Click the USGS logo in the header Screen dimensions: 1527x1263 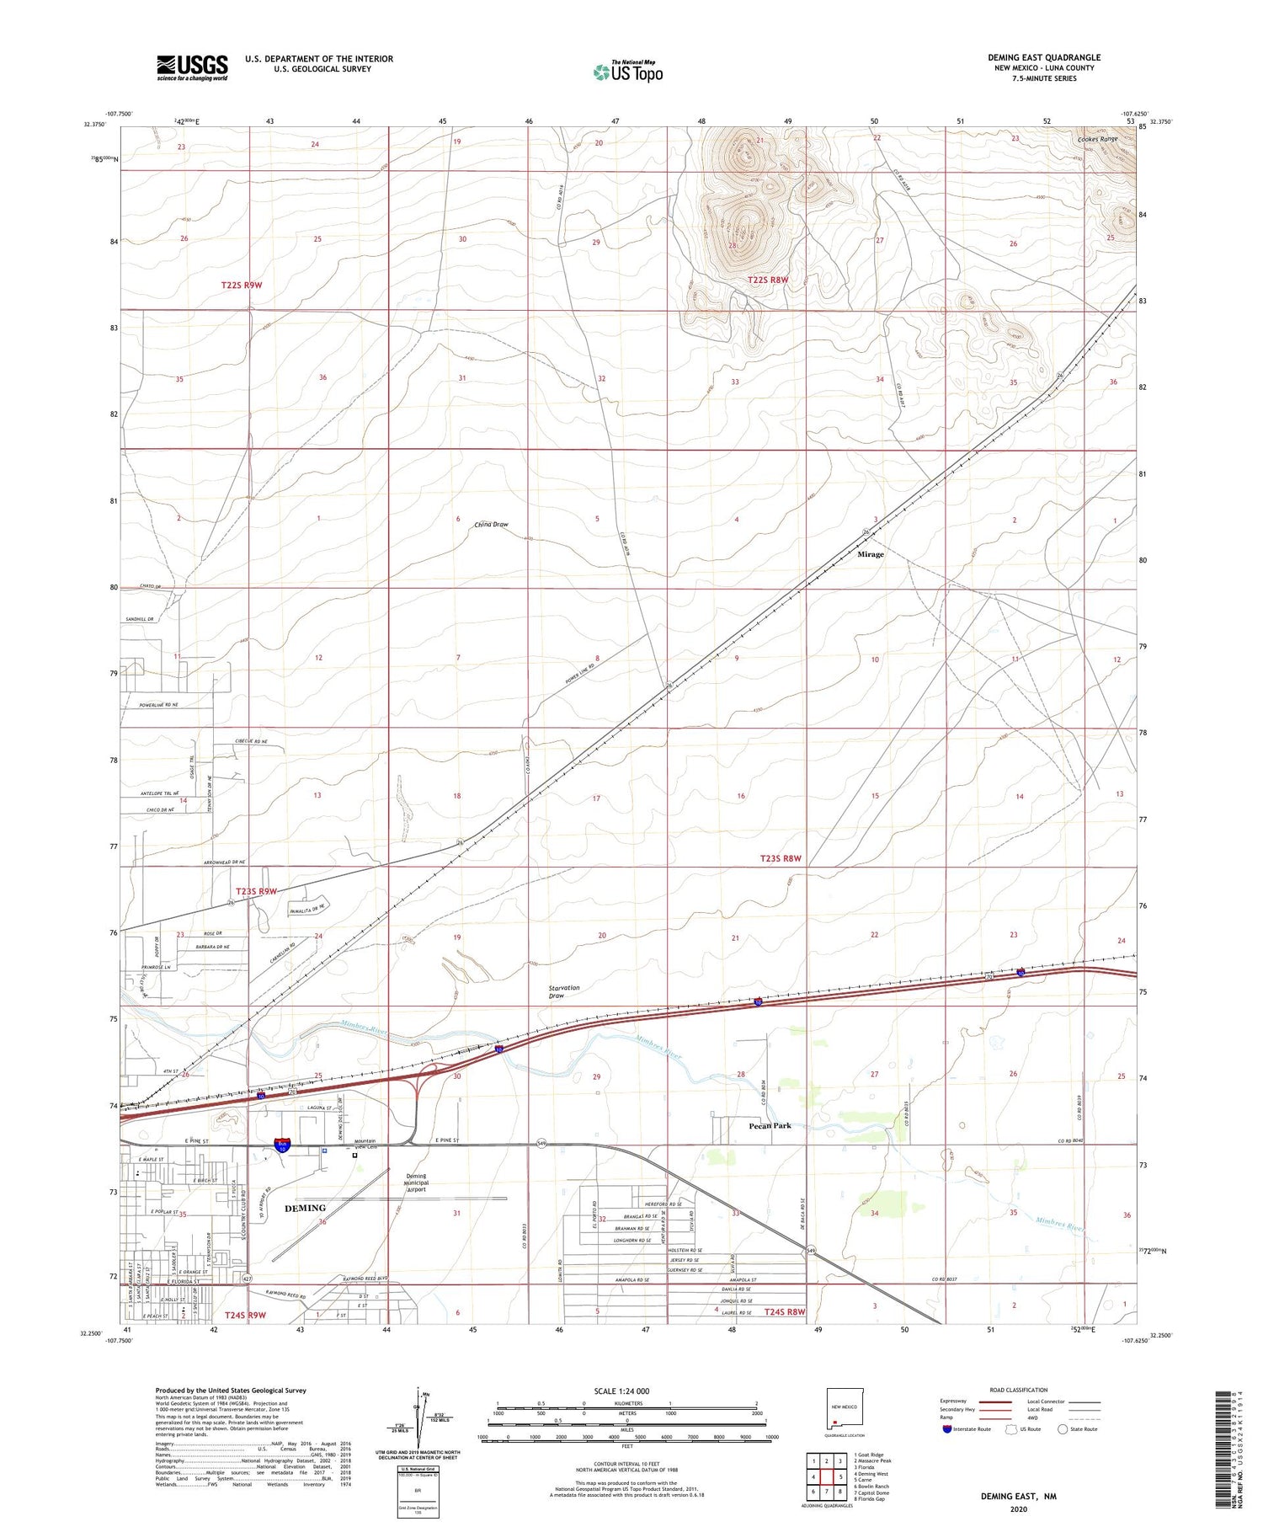click(192, 67)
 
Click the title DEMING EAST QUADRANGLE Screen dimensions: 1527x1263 click(1044, 57)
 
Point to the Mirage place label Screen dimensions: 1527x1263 click(871, 554)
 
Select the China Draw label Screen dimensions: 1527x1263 click(491, 525)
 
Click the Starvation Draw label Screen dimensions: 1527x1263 click(564, 991)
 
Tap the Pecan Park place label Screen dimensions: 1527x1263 click(770, 1125)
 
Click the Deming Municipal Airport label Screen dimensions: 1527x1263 click(416, 1183)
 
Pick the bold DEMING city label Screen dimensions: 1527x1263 click(305, 1208)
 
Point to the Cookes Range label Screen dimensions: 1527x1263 click(1097, 139)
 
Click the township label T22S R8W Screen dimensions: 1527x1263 click(768, 280)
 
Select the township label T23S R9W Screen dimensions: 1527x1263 click(256, 891)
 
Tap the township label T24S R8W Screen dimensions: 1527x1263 click(785, 1311)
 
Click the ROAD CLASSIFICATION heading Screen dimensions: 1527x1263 click(1019, 1390)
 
